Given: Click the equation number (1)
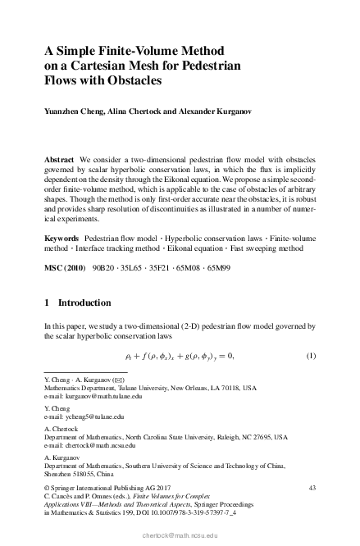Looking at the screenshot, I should pos(311,354).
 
